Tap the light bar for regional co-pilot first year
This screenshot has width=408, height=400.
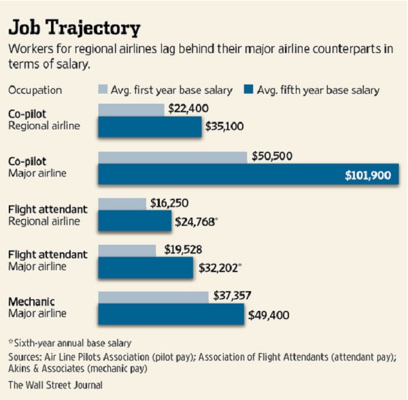click(x=131, y=110)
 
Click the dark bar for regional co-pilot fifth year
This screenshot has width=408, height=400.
click(x=150, y=127)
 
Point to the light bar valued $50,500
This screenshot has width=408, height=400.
click(x=172, y=157)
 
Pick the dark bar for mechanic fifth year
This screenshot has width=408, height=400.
click(x=171, y=314)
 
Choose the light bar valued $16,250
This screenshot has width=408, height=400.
click(x=122, y=203)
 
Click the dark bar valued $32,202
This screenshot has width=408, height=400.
click(x=146, y=267)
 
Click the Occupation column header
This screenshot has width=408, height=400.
click(x=35, y=90)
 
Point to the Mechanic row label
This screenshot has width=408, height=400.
click(x=32, y=301)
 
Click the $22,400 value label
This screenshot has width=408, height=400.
click(x=188, y=108)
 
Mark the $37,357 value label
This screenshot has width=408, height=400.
click(x=233, y=296)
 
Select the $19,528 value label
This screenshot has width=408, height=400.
click(x=183, y=250)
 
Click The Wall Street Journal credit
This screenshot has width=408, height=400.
click(x=55, y=385)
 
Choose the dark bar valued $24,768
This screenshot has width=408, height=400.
click(x=137, y=220)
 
